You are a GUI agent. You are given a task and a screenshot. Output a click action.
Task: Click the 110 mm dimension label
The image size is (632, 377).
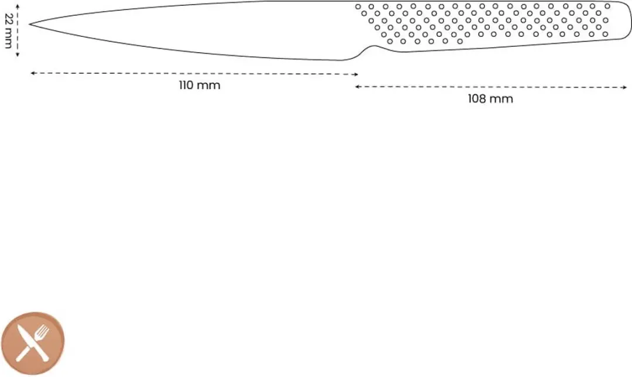click(200, 85)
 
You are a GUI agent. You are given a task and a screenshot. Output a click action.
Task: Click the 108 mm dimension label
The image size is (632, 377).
click(490, 99)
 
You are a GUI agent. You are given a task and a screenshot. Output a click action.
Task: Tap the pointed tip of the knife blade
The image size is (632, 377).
click(30, 24)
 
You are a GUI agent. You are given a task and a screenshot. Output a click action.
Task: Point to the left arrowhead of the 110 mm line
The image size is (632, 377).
click(32, 73)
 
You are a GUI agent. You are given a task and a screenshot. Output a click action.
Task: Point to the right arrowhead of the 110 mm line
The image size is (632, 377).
click(356, 74)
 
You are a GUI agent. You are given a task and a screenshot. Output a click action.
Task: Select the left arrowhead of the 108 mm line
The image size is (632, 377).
click(357, 86)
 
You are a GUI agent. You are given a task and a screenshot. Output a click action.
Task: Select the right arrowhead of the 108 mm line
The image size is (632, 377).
click(625, 87)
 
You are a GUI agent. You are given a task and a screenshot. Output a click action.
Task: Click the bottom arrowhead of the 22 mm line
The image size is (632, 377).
click(18, 54)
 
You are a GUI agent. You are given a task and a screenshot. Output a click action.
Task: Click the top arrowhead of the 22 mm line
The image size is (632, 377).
click(18, 6)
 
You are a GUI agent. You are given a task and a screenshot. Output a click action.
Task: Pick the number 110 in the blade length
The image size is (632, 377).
click(187, 85)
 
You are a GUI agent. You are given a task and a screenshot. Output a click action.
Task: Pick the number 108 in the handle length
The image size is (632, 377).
click(477, 99)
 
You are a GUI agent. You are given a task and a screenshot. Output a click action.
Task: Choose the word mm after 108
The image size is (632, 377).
click(502, 100)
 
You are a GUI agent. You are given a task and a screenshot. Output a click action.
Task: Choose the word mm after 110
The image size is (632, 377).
click(209, 86)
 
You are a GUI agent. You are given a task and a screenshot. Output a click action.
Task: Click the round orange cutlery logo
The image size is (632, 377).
click(33, 344)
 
